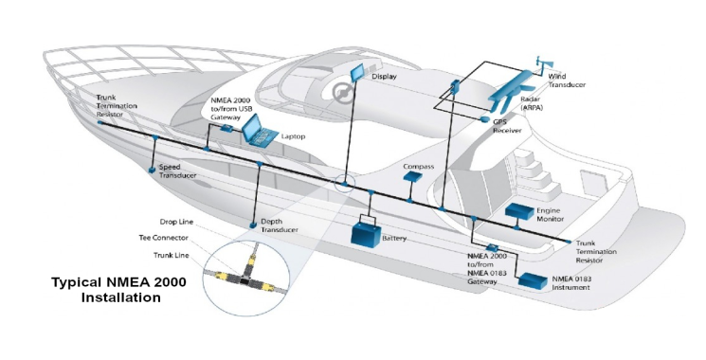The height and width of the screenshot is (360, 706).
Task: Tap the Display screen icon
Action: coord(357,74)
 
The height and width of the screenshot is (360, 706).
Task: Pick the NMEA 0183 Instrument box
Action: coord(534,281)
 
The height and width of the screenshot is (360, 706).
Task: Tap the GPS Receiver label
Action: coord(512,126)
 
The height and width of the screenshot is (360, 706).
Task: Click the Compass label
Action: coord(418,167)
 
